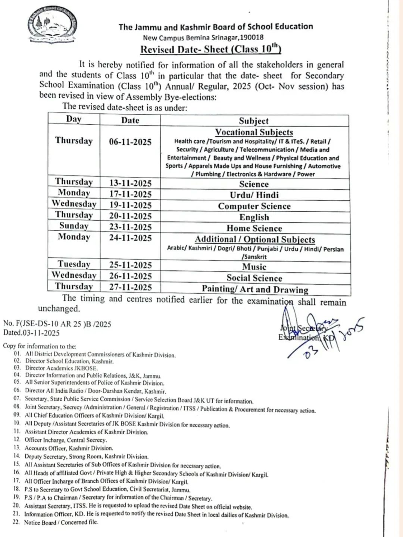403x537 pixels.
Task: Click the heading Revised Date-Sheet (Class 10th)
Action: click(x=210, y=49)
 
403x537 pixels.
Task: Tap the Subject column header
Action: click(x=254, y=121)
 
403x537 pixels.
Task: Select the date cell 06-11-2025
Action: click(x=130, y=142)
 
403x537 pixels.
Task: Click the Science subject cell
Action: click(x=254, y=184)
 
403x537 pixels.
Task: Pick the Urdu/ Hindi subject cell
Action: click(x=254, y=195)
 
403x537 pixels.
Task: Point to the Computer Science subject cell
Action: click(x=254, y=206)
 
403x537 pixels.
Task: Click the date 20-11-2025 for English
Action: click(x=130, y=216)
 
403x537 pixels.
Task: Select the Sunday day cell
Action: click(x=74, y=226)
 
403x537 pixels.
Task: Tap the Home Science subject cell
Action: click(x=254, y=228)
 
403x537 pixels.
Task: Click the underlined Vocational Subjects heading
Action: click(x=254, y=132)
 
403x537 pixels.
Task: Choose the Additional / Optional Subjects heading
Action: click(x=255, y=239)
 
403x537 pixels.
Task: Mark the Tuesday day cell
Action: click(x=74, y=264)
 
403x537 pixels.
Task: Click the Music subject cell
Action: click(x=254, y=267)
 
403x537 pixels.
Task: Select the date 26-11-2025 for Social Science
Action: click(x=130, y=276)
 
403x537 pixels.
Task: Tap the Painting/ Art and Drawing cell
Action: click(x=255, y=289)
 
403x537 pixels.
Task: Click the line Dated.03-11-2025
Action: click(x=31, y=333)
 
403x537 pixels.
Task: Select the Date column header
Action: click(x=130, y=120)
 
